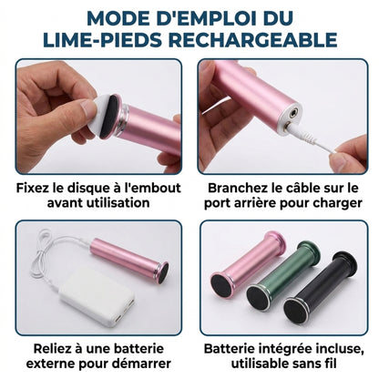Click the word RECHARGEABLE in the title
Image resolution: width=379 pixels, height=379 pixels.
click(252, 40)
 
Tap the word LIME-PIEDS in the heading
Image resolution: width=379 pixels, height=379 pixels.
click(102, 40)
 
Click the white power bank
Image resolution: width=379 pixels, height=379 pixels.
click(97, 296)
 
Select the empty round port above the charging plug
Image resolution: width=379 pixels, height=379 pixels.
click(293, 115)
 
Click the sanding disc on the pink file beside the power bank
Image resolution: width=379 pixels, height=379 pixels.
click(163, 273)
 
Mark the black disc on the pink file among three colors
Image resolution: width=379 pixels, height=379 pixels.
click(221, 286)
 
